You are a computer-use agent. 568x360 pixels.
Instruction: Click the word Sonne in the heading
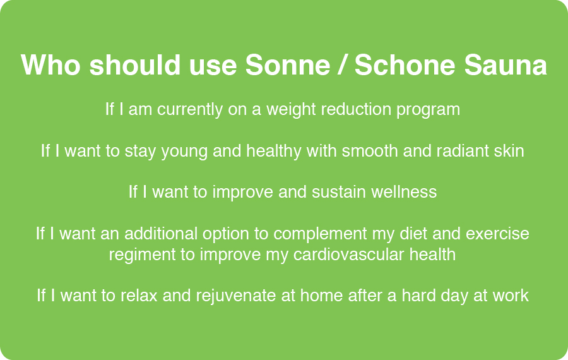coord(288,65)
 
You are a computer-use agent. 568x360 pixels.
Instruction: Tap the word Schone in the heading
coord(405,65)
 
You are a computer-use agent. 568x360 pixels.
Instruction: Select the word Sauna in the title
coord(506,65)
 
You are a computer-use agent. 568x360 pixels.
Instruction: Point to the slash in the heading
coord(342,65)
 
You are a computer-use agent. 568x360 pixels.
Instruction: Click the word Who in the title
coord(50,65)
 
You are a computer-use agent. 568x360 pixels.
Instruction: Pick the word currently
coord(190,109)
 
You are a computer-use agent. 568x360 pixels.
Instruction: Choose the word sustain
coord(339,191)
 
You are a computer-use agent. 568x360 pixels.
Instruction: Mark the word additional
coord(161,234)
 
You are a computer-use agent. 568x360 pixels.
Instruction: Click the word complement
coord(320,234)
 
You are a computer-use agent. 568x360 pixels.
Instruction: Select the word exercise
coord(497,234)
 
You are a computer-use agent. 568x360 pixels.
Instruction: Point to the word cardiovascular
coord(348,254)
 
